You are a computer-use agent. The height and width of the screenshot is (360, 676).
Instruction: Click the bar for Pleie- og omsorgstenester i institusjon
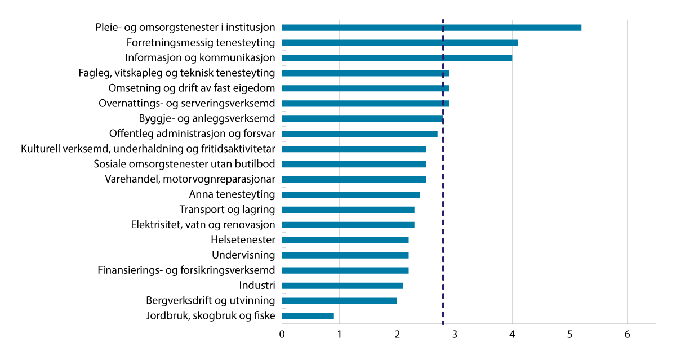[431, 28]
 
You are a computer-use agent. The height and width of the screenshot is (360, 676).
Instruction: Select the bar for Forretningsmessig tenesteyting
[399, 43]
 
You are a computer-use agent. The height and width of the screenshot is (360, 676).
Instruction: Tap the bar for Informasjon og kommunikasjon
[397, 58]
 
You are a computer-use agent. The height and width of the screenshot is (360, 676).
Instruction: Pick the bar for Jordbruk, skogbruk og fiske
[308, 316]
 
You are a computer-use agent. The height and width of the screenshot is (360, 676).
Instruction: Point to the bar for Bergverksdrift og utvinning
[339, 301]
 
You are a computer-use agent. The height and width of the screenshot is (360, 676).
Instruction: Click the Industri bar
[342, 286]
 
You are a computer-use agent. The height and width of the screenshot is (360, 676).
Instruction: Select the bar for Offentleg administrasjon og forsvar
[359, 134]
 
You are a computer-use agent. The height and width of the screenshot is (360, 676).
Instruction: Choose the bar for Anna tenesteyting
[351, 195]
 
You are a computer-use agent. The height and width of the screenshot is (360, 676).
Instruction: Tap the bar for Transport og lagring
[348, 210]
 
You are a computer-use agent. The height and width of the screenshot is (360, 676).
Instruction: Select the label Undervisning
[243, 255]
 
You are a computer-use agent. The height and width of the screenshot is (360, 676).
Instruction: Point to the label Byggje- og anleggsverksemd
[207, 119]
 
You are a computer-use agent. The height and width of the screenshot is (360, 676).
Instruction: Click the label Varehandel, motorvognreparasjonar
[190, 180]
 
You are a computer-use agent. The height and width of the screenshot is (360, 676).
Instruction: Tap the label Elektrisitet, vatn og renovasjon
[203, 225]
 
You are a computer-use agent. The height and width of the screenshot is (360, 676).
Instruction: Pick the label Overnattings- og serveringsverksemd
[186, 104]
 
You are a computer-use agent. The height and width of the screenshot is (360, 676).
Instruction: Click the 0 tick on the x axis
[282, 335]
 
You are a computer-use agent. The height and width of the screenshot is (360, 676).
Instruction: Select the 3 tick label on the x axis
[455, 335]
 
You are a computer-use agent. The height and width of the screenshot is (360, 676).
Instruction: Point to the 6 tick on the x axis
[627, 335]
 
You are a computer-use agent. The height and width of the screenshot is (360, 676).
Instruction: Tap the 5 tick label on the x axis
[570, 335]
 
